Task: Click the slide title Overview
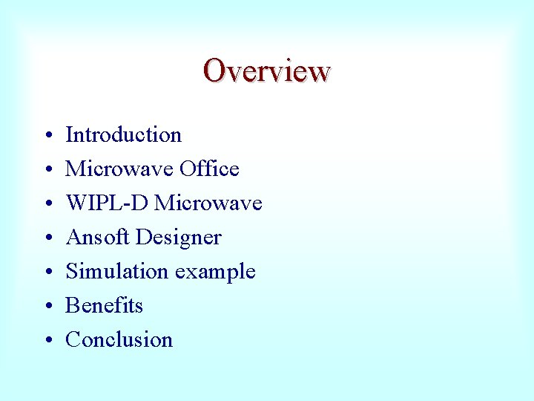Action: tap(267, 71)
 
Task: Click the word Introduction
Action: tap(124, 134)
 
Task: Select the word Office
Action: tap(211, 169)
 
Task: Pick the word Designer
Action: tap(179, 237)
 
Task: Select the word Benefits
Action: tap(105, 305)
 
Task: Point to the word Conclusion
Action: tap(119, 339)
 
